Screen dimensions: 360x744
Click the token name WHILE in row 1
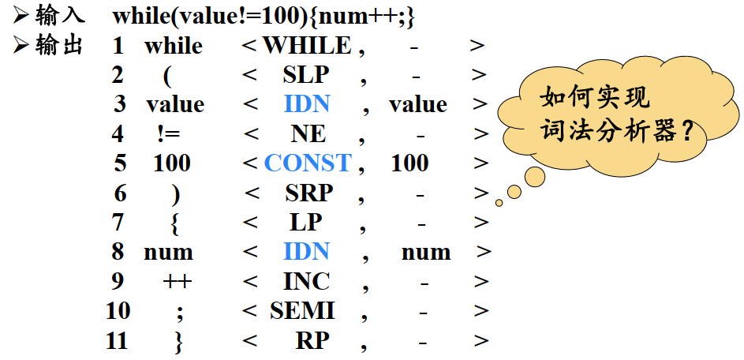click(x=307, y=46)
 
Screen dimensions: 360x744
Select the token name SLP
click(x=305, y=75)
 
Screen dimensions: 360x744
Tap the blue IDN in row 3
click(x=307, y=104)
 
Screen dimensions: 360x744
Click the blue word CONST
click(x=308, y=163)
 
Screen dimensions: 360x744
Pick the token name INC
click(x=306, y=281)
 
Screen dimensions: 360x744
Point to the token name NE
click(x=307, y=133)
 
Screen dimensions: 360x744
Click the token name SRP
click(x=308, y=193)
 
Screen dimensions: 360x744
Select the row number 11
click(x=118, y=341)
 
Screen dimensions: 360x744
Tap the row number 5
click(x=119, y=163)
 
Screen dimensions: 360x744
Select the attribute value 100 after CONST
click(x=409, y=163)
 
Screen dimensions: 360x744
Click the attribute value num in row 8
click(x=426, y=253)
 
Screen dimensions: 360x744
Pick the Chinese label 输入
click(x=59, y=16)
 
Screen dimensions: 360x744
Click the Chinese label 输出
click(x=59, y=46)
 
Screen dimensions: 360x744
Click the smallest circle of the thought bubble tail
click(x=499, y=203)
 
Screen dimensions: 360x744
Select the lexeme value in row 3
click(x=175, y=104)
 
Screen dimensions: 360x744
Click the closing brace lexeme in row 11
click(x=178, y=341)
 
